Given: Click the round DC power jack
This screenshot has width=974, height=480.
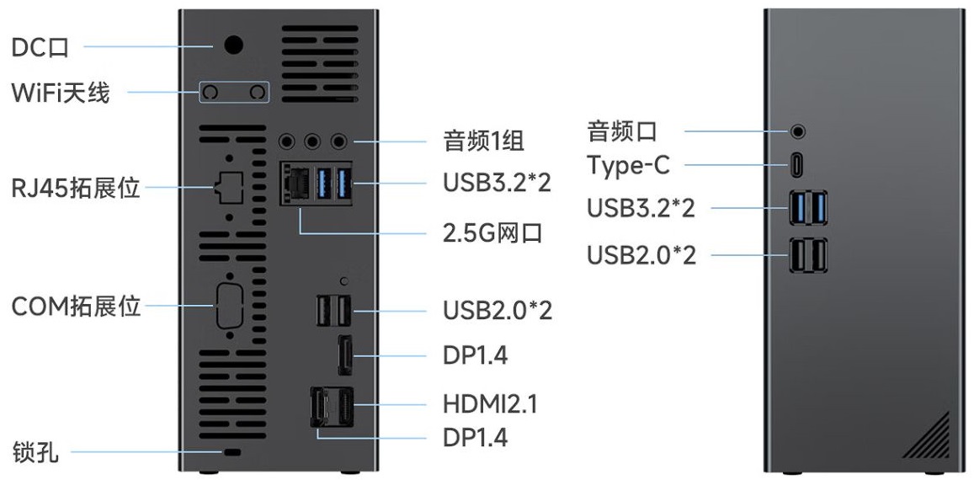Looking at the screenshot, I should [x=233, y=45].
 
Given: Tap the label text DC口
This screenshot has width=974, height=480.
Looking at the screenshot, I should [x=40, y=47].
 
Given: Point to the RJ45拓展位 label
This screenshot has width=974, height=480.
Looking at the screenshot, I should [x=76, y=187].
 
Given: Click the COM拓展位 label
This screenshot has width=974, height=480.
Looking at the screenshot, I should [x=76, y=307].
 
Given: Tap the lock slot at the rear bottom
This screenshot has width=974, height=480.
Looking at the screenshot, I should [x=230, y=454].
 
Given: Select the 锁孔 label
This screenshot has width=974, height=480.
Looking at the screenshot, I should [x=35, y=452].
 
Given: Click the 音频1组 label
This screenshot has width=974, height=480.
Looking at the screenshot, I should [x=483, y=140].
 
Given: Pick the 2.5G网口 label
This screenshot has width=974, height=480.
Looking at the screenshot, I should [x=492, y=232].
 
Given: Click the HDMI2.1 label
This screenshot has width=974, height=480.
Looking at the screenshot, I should [x=490, y=403].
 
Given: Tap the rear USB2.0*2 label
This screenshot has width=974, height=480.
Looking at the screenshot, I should [x=498, y=310].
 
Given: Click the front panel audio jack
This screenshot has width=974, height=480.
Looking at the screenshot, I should [x=797, y=131].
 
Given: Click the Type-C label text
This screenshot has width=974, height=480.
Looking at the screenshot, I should [x=628, y=165].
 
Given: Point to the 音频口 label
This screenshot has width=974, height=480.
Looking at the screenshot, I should [x=622, y=131].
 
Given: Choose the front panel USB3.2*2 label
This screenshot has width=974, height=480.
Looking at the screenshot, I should [x=641, y=207].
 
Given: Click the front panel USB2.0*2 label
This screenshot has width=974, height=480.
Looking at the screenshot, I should [x=641, y=254].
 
